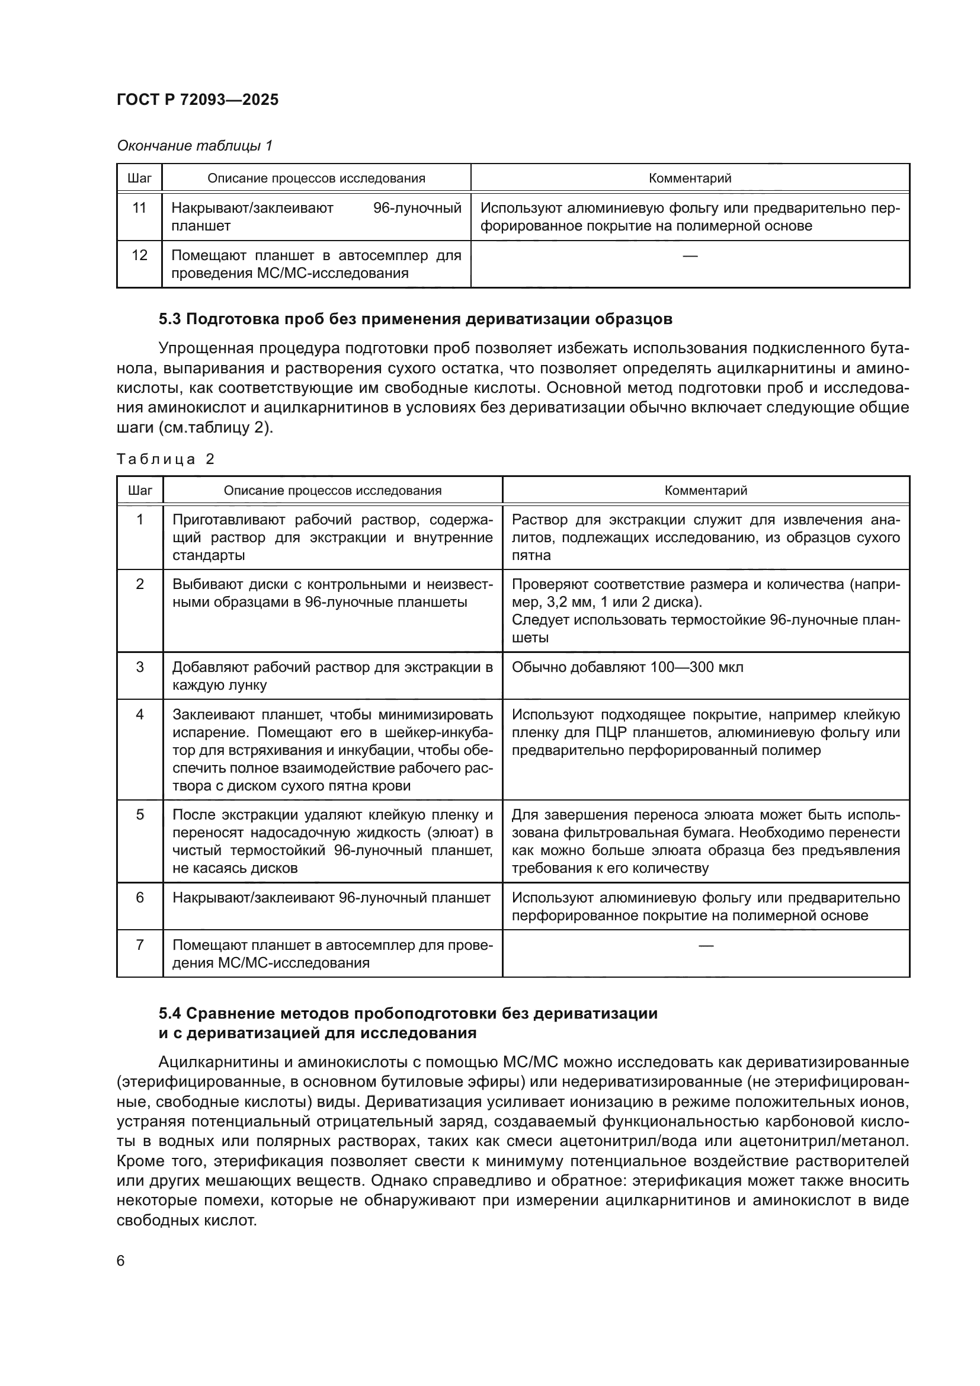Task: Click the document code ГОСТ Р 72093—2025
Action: click(x=197, y=100)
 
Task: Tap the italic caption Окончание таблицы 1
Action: click(x=194, y=146)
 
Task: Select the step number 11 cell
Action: click(x=139, y=208)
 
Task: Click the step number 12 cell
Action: click(x=139, y=255)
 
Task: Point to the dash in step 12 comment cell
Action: click(x=690, y=256)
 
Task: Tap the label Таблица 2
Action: click(x=165, y=459)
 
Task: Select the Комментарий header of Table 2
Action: click(x=706, y=490)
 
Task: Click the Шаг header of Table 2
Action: click(x=140, y=490)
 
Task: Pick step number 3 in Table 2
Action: click(x=140, y=667)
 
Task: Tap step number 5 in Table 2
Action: click(x=140, y=815)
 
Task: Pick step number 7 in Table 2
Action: click(x=140, y=945)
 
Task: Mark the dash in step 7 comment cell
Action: click(x=706, y=945)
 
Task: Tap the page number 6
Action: click(x=121, y=1260)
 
